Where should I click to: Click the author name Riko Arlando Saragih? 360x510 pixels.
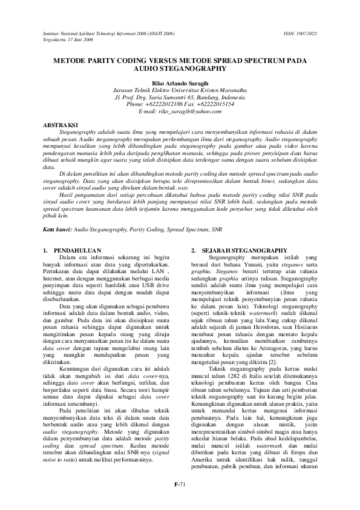[x=179, y=82]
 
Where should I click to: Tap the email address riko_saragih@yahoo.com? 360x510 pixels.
[x=179, y=111]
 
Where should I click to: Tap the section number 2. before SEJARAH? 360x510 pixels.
[x=194, y=250]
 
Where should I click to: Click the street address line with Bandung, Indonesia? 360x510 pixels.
[x=179, y=97]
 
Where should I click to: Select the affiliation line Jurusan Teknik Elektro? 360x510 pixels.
[x=179, y=90]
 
